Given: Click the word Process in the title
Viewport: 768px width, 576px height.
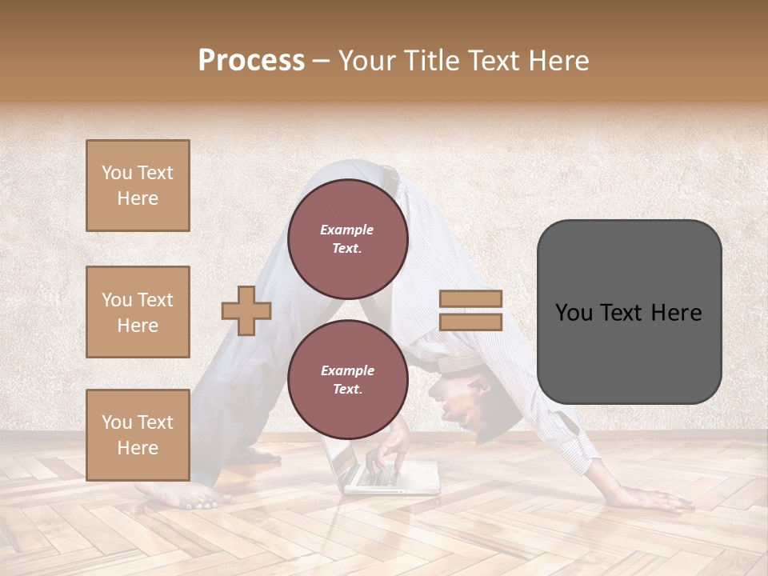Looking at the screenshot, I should coord(251,61).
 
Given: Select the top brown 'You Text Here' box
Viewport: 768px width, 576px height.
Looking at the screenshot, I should coord(138,186).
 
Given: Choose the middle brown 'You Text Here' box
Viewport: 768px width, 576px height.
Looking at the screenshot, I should coord(138,312).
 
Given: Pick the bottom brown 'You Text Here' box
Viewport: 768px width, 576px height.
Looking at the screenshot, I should coord(138,434).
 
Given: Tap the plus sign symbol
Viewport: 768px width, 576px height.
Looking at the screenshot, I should coord(246,310).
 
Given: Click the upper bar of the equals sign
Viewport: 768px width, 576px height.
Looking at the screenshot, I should coord(470,298).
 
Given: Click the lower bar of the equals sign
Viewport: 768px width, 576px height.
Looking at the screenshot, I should coord(470,322).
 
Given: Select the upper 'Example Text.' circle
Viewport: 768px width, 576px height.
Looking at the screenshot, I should coord(347,238).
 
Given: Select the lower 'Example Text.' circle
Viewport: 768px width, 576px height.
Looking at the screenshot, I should coord(347,379).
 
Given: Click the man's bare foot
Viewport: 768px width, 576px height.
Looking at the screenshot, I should coord(180,496).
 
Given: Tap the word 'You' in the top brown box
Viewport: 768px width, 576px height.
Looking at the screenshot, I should coord(116,173).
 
